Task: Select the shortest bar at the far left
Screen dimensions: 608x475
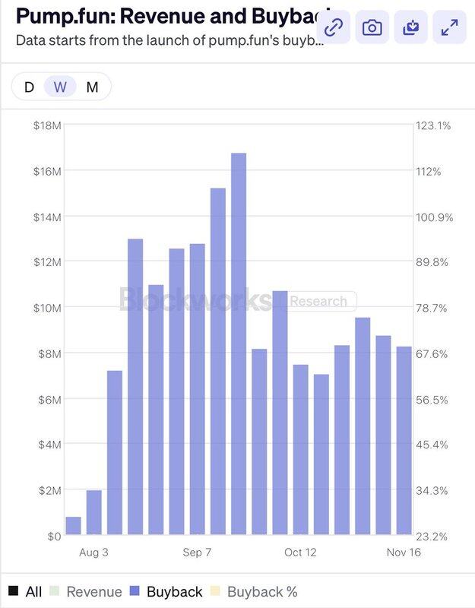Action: pos(74,526)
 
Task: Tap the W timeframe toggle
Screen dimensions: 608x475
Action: pos(60,87)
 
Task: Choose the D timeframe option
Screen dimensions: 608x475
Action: pos(29,87)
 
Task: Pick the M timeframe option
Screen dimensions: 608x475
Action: pos(92,87)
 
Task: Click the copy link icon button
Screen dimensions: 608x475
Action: pos(333,28)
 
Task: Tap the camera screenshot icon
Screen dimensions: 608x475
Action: pos(372,28)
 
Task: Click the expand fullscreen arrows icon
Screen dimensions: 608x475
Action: pos(449,28)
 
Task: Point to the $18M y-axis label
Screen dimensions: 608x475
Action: pos(47,125)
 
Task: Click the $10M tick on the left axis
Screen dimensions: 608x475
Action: pos(47,308)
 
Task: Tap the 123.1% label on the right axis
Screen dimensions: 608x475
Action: pos(433,125)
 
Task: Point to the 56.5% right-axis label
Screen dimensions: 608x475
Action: pos(433,399)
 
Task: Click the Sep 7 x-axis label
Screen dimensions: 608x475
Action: pos(197,552)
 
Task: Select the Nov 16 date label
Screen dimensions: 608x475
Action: pos(404,552)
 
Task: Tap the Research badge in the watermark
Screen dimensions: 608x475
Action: pos(318,301)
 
